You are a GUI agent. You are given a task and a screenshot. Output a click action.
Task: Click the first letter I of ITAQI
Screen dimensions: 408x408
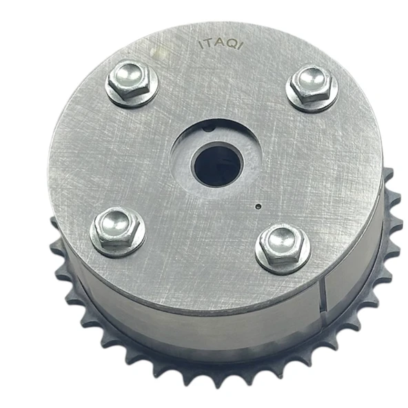(200, 45)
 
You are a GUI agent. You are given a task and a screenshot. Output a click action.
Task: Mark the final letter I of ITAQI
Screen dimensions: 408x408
(241, 45)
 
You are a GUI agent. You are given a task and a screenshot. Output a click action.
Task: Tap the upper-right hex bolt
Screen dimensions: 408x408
(312, 85)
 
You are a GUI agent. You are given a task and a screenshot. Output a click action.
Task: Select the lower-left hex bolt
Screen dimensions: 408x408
(116, 229)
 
